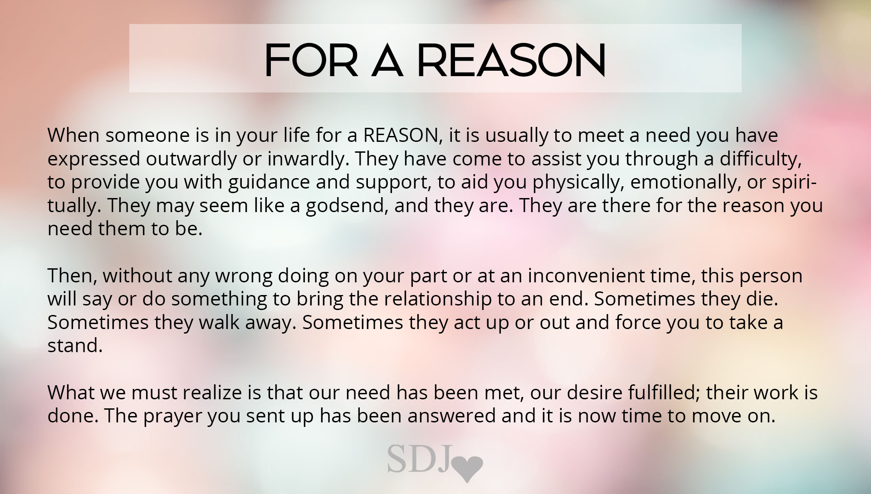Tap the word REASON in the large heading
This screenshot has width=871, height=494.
coord(511,59)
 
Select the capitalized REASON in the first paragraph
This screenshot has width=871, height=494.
coord(402,135)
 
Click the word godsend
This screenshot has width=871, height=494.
coord(347,206)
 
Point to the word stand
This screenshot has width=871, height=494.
coord(75,346)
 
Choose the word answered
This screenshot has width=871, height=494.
coord(452,416)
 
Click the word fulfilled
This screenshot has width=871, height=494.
coord(664,392)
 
